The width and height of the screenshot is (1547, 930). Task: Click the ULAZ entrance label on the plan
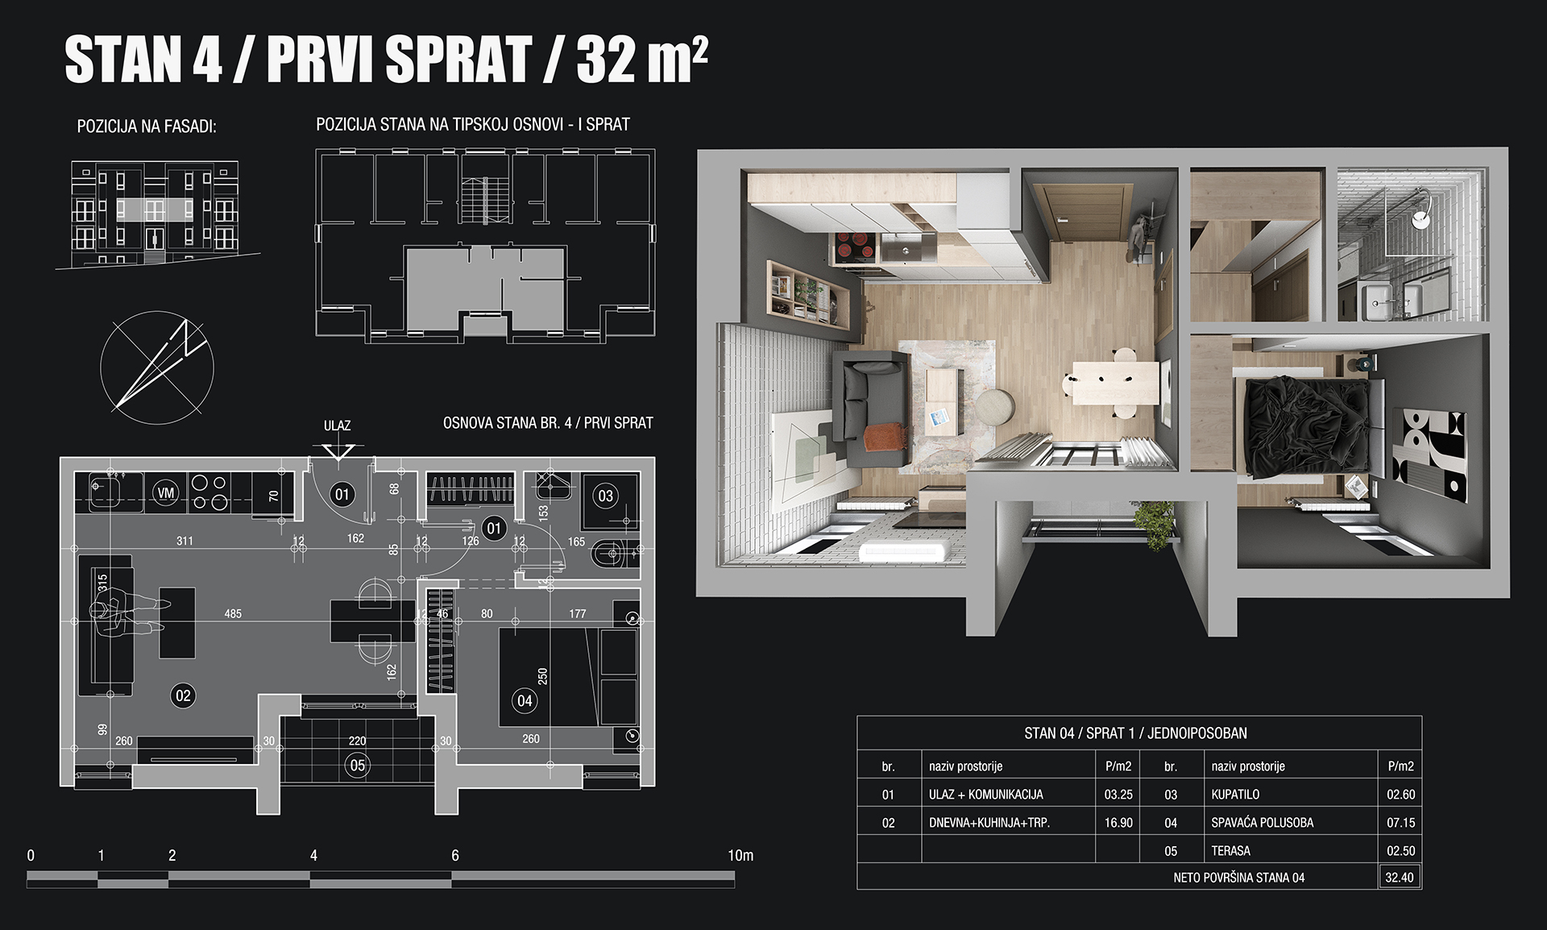click(x=337, y=426)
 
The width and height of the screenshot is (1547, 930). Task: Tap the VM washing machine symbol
click(x=166, y=492)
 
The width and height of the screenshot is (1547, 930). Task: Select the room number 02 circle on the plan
click(x=183, y=695)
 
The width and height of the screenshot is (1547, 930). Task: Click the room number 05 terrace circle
click(x=358, y=765)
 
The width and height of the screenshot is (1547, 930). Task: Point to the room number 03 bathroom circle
click(x=605, y=496)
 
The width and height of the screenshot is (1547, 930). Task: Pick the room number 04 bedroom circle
click(x=525, y=700)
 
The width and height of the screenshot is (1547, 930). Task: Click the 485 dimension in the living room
click(x=233, y=614)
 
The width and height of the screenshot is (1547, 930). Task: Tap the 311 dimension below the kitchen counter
click(x=185, y=541)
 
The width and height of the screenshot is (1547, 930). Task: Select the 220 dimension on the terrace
click(x=357, y=741)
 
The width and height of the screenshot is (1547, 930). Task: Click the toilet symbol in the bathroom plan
click(x=610, y=554)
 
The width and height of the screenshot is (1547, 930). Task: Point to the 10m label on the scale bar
click(x=740, y=855)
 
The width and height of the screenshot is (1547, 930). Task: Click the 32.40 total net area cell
click(x=1399, y=878)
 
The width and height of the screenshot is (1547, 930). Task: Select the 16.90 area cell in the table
click(x=1118, y=823)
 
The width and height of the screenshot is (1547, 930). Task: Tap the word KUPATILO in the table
click(x=1235, y=795)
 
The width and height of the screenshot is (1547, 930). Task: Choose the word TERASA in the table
click(x=1231, y=851)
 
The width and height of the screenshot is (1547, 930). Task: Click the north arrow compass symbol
click(x=157, y=367)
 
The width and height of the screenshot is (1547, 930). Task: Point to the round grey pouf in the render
click(x=996, y=407)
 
